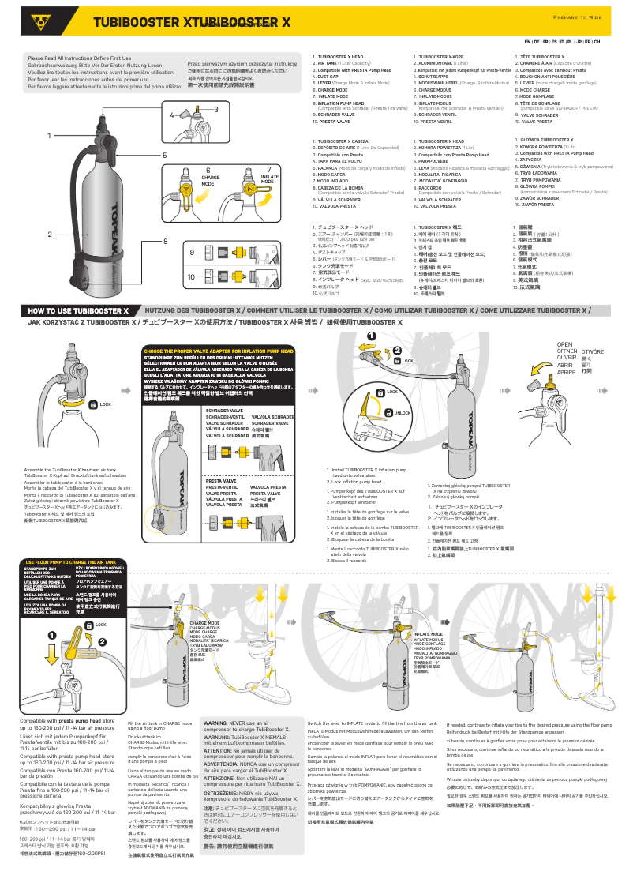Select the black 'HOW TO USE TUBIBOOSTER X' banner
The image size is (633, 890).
tap(78, 310)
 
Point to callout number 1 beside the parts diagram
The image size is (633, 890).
tap(49, 136)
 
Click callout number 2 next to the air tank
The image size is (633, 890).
tap(49, 235)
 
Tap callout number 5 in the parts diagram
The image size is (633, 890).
tap(164, 156)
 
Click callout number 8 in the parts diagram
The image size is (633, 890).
tap(165, 241)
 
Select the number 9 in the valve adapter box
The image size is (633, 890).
tap(192, 252)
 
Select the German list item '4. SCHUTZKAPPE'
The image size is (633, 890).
tap(434, 77)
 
